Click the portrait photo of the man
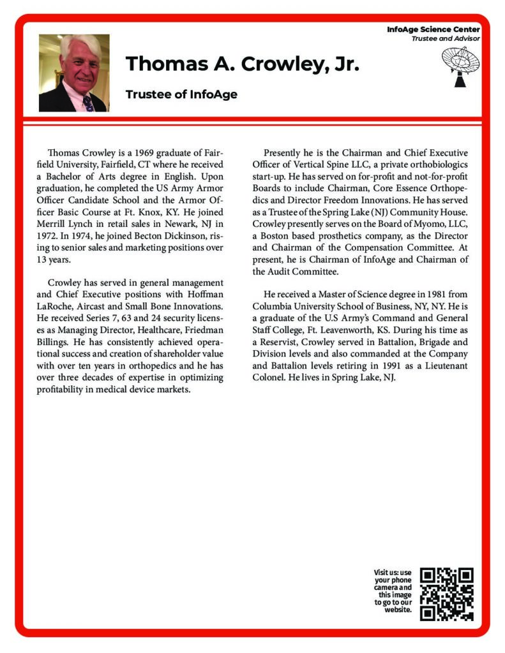pyautogui.click(x=73, y=73)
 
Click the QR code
pyautogui.click(x=447, y=594)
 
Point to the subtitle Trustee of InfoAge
pyautogui.click(x=181, y=94)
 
